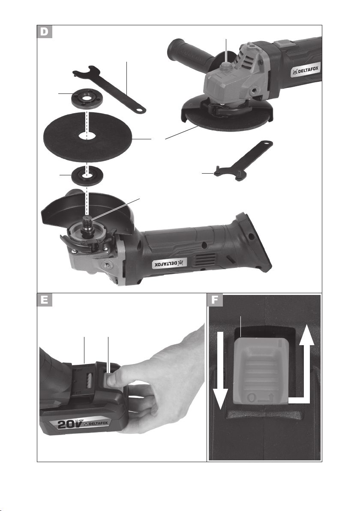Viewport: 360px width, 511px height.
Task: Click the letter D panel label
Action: (x=44, y=32)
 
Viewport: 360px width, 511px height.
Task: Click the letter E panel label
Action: (x=44, y=300)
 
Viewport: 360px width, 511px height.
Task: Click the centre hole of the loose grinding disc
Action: (x=87, y=136)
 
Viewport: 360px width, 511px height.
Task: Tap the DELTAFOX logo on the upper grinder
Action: (x=305, y=70)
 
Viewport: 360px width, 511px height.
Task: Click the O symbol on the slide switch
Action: (x=251, y=398)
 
